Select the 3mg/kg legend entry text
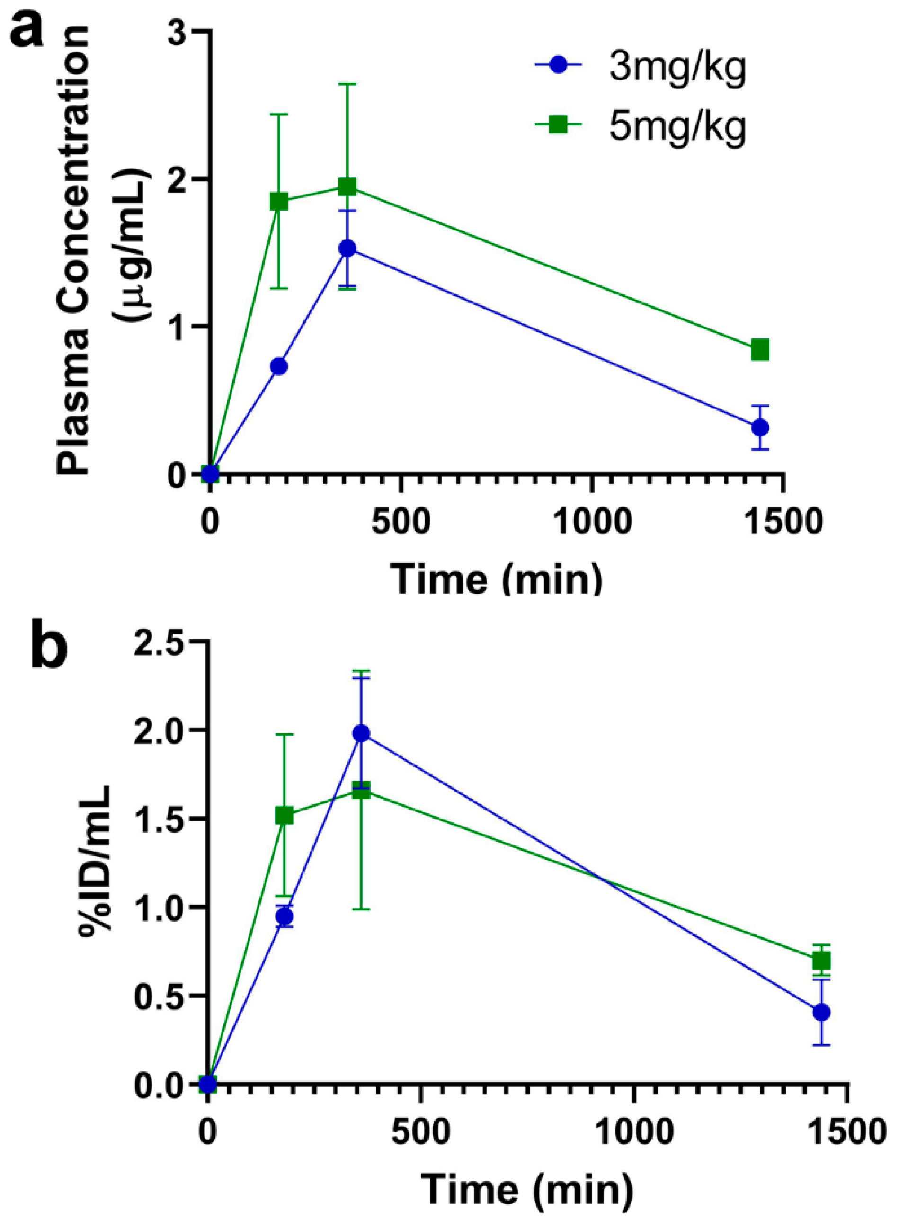[677, 70]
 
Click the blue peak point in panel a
[347, 249]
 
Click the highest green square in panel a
[347, 187]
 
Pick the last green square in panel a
[760, 350]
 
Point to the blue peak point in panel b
[361, 734]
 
